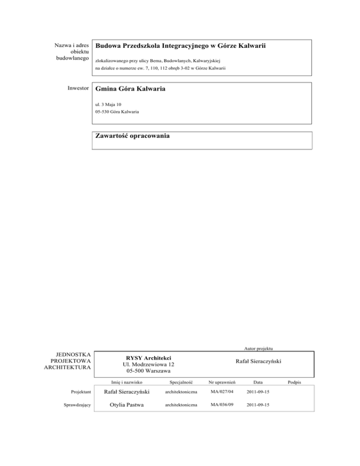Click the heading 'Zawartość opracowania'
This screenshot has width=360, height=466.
[132, 136]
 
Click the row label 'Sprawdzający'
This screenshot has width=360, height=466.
[77, 404]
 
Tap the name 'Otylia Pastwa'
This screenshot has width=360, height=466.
[124, 404]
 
